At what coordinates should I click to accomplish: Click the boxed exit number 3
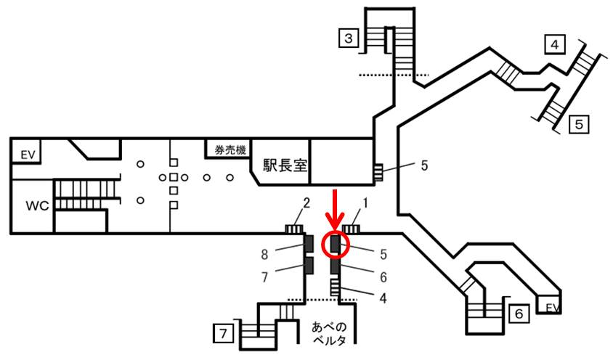[x=349, y=37]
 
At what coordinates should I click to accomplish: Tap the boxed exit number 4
[x=555, y=46]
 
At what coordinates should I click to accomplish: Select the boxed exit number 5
[x=579, y=124]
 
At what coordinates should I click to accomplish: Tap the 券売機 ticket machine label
[x=228, y=150]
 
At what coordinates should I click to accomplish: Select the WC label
[x=37, y=205]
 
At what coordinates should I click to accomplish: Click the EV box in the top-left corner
[x=28, y=154]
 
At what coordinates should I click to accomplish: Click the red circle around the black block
[x=336, y=244]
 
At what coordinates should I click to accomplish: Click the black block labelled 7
[x=308, y=266]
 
